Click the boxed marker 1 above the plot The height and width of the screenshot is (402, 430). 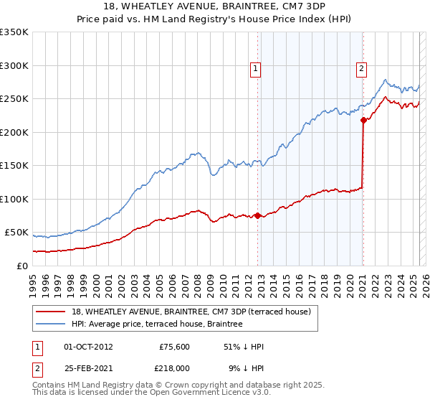[256, 69]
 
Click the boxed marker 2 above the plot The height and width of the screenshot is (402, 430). [360, 69]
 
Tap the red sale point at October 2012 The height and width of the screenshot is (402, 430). [257, 215]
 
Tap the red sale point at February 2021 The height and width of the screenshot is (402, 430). [363, 120]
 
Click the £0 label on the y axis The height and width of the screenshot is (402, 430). [21, 266]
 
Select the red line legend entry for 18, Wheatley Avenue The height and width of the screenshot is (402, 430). [191, 312]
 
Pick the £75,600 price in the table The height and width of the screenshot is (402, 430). [174, 346]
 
